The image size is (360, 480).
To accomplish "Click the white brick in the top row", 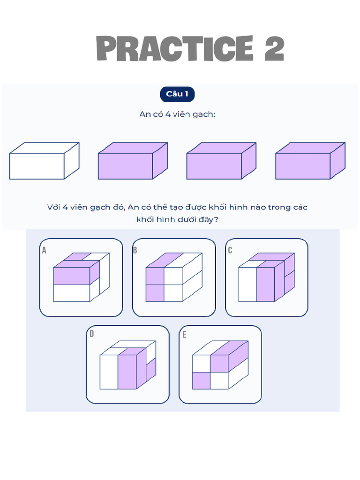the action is click(45, 161).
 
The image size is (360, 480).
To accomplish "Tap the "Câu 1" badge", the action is click(177, 94).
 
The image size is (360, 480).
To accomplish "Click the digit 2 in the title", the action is click(274, 48).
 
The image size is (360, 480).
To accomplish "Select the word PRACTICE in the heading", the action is click(174, 48).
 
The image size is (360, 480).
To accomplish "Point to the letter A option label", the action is click(44, 250).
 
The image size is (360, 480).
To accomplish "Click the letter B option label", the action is click(135, 250).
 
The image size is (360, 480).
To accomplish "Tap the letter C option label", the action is click(230, 250).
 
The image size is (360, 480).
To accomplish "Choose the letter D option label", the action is click(91, 334).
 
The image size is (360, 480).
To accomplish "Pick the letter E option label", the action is click(184, 335).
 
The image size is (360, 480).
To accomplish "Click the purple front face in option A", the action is click(72, 276).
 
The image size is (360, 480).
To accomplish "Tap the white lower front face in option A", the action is click(72, 293).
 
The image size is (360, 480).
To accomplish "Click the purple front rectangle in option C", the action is click(265, 285).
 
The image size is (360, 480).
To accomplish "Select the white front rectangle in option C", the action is click(247, 285).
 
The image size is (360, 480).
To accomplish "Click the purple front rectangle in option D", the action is click(127, 372).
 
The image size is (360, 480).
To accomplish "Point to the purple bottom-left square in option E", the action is click(201, 381).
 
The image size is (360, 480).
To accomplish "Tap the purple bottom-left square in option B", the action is click(155, 293).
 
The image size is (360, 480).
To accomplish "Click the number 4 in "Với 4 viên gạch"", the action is click(65, 207).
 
